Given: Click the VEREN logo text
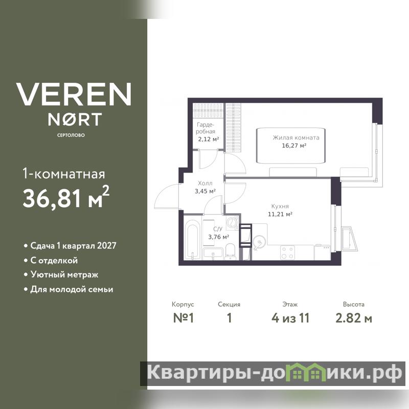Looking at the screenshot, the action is click(74, 95).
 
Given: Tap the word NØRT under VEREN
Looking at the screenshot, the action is click(75, 119).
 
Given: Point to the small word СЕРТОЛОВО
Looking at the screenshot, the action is click(71, 135).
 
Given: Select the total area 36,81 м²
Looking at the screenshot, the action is click(66, 197).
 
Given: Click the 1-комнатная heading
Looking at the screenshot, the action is click(64, 174).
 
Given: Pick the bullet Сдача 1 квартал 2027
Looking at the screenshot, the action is click(70, 246).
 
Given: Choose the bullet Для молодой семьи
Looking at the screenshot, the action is click(69, 289).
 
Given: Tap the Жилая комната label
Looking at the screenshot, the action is click(296, 138).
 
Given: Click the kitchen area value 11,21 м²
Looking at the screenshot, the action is click(280, 214).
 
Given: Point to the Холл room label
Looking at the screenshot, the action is click(205, 184).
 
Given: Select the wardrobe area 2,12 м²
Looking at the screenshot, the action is click(209, 139).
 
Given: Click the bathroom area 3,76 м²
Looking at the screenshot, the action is click(219, 237).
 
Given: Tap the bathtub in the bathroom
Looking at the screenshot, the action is click(192, 240).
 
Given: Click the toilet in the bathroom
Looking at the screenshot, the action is click(230, 252).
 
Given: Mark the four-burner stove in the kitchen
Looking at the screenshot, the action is click(287, 253).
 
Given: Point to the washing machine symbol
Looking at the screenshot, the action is click(232, 223).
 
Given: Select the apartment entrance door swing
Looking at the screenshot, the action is click(167, 196).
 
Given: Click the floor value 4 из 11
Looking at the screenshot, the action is click(290, 318).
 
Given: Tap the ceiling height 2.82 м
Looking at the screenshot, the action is click(354, 318).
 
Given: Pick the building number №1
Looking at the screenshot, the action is click(184, 318).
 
